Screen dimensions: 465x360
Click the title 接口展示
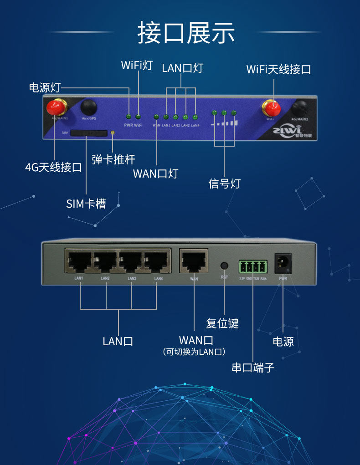pyautogui.click(x=186, y=33)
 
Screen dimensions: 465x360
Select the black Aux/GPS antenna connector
pyautogui.click(x=89, y=107)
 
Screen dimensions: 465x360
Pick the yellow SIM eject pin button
pyautogui.click(x=113, y=133)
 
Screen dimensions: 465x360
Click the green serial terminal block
pyautogui.click(x=252, y=266)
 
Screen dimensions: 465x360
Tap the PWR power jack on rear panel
pyautogui.click(x=283, y=264)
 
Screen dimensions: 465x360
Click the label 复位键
pyautogui.click(x=222, y=324)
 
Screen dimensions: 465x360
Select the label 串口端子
pyautogui.click(x=253, y=368)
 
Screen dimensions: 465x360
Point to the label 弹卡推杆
pyautogui.click(x=113, y=159)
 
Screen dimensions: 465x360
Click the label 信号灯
pyautogui.click(x=224, y=184)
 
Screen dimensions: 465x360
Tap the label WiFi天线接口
pyautogui.click(x=278, y=70)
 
